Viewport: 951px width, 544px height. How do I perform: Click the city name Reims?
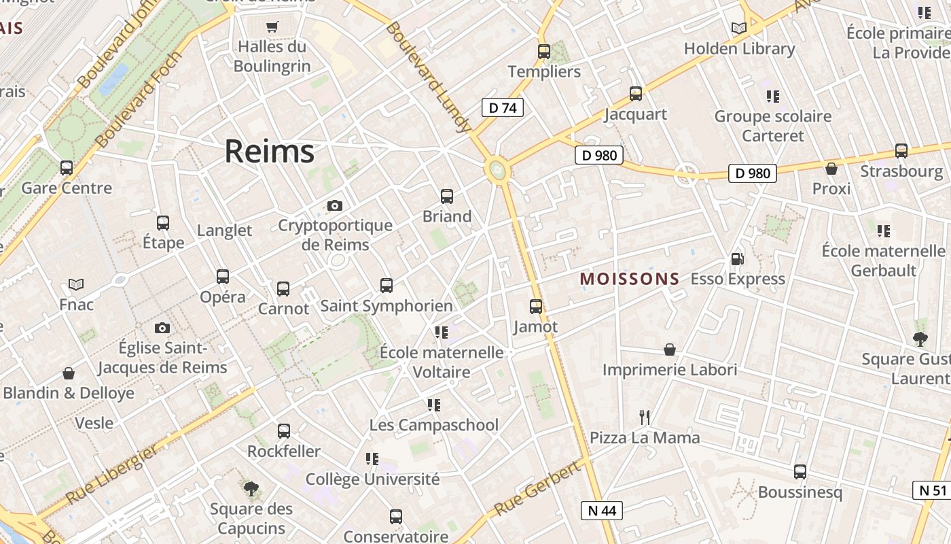(270, 151)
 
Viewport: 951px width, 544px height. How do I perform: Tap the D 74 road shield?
(503, 107)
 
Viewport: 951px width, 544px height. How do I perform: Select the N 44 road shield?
(602, 511)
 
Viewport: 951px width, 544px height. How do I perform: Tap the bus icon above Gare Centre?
(67, 167)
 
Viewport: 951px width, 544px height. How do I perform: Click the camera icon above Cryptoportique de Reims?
(334, 205)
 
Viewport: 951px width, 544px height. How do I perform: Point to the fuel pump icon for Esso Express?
(737, 258)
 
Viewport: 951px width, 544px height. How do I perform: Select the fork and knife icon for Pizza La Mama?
(645, 416)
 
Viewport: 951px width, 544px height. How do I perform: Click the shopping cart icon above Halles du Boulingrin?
(272, 27)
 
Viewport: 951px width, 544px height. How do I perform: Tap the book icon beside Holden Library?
(739, 29)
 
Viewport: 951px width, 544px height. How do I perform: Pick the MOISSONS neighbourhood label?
(629, 279)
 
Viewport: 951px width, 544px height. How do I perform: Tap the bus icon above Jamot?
(536, 307)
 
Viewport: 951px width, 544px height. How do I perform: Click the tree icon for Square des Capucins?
(251, 488)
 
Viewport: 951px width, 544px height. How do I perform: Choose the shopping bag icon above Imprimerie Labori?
(670, 350)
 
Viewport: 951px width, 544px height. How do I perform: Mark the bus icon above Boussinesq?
(800, 471)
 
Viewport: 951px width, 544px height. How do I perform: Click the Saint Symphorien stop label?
(386, 306)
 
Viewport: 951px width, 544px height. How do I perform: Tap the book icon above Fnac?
(76, 284)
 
